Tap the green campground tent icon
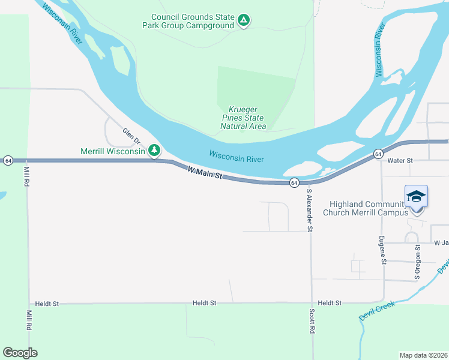coord(243,21)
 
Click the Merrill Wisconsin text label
coord(113,151)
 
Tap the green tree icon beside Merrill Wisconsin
coord(154,149)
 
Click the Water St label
coord(400,161)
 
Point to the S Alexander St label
coord(310,211)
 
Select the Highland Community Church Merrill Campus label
coord(366,208)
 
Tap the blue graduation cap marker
coord(416,196)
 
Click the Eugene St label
coord(382,250)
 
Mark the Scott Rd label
coord(312,322)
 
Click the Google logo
coord(20,353)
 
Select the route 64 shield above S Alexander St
coord(294,182)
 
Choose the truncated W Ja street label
coord(441,243)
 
